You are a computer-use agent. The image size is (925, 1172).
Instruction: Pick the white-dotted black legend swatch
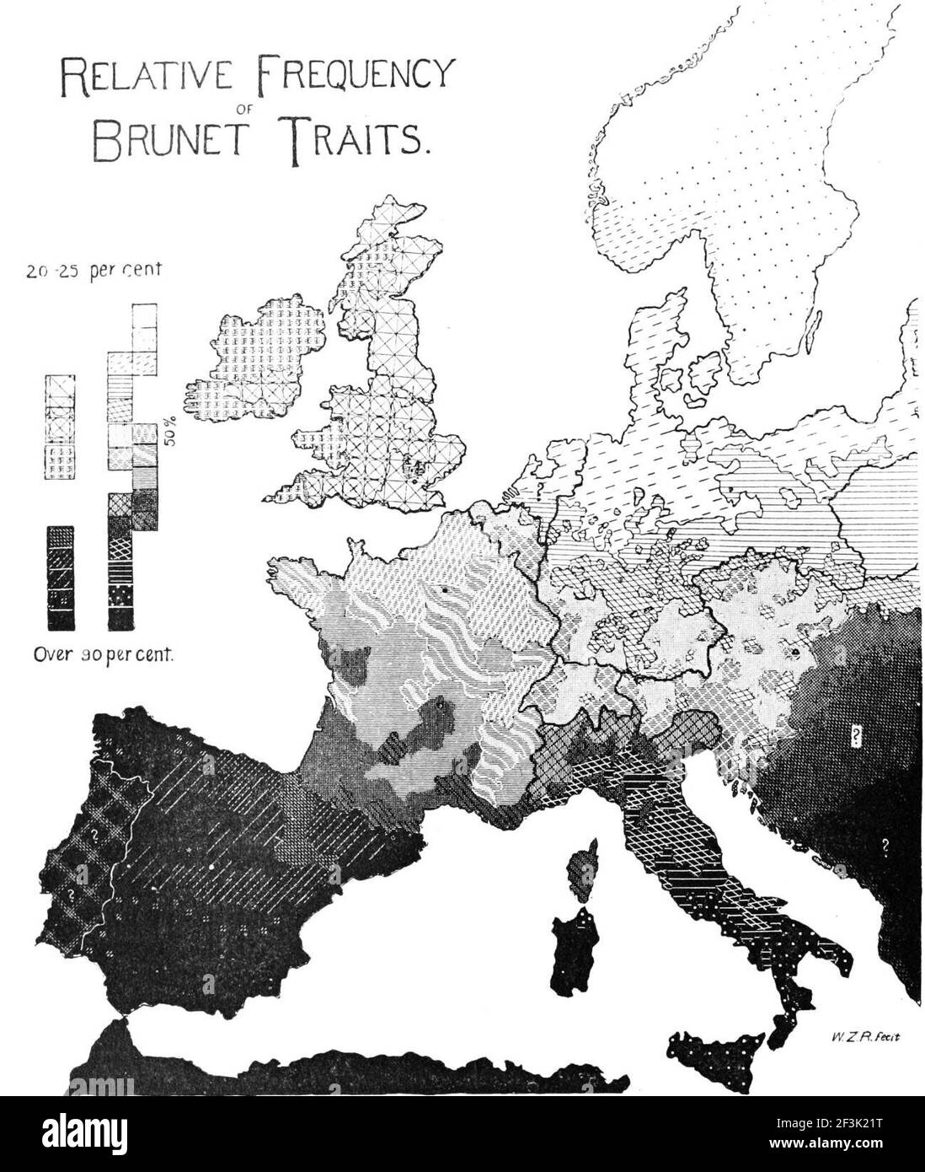pyautogui.click(x=120, y=597)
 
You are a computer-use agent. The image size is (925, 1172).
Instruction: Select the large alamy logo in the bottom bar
pyautogui.click(x=100, y=1133)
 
